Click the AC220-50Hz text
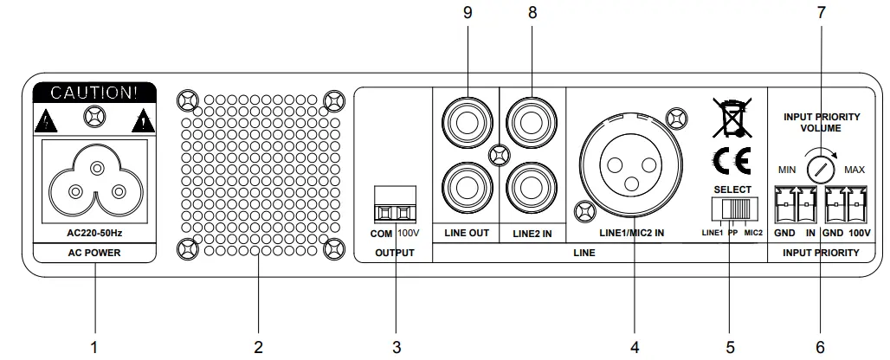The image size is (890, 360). (94, 234)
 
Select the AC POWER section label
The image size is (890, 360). (94, 254)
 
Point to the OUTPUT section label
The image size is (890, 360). (395, 254)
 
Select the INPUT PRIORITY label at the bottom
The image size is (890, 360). (819, 254)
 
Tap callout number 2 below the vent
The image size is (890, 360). (258, 347)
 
